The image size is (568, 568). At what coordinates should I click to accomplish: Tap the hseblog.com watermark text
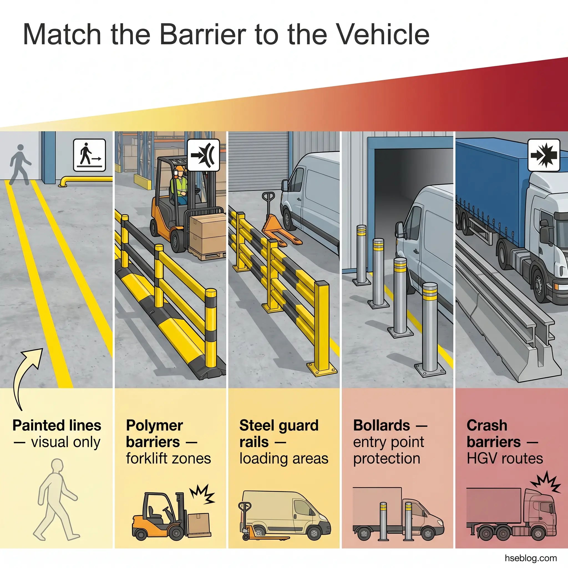[x=530, y=558]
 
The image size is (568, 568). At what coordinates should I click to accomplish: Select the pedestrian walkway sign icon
[x=89, y=155]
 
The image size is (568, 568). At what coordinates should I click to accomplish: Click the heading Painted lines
[x=57, y=425]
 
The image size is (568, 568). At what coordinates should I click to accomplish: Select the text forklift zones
[x=168, y=458]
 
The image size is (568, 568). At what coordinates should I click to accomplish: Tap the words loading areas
[x=284, y=458]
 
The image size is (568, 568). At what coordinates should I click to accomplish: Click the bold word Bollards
[x=381, y=425]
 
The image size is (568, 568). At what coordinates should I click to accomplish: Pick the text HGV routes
[x=504, y=458]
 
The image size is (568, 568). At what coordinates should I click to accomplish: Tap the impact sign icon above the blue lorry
[x=544, y=155]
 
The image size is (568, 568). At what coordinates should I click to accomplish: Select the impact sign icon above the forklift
[x=204, y=155]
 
